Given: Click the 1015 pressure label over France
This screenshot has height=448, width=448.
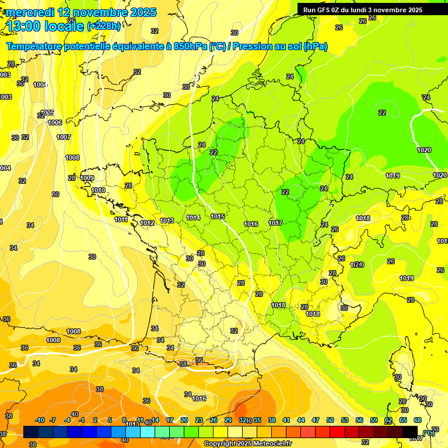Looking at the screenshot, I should tap(218, 217).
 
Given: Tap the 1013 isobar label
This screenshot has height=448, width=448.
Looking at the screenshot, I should tap(167, 220).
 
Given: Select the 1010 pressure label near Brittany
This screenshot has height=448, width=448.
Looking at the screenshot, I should tap(98, 190).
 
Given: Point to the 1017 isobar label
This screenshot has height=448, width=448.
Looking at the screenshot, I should tap(275, 223).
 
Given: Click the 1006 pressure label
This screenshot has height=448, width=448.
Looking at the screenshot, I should tap(55, 123).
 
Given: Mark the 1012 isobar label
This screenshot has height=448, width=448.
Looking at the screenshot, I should tap(147, 223).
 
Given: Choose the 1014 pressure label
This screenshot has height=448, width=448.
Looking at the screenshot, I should tap(193, 218).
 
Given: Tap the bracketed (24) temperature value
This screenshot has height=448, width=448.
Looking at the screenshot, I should tap(358, 265).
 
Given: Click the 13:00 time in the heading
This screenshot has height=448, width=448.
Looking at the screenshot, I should tap(23, 26).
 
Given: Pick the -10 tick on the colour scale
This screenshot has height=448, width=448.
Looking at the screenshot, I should tap(40, 421).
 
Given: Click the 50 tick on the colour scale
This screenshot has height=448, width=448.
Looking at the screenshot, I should tap(330, 421).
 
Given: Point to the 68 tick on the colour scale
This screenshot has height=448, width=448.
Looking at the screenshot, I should tap(418, 421).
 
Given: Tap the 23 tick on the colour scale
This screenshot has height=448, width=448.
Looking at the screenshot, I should tap(199, 421).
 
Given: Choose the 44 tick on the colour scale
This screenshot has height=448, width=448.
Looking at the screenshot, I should tap(301, 421).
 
